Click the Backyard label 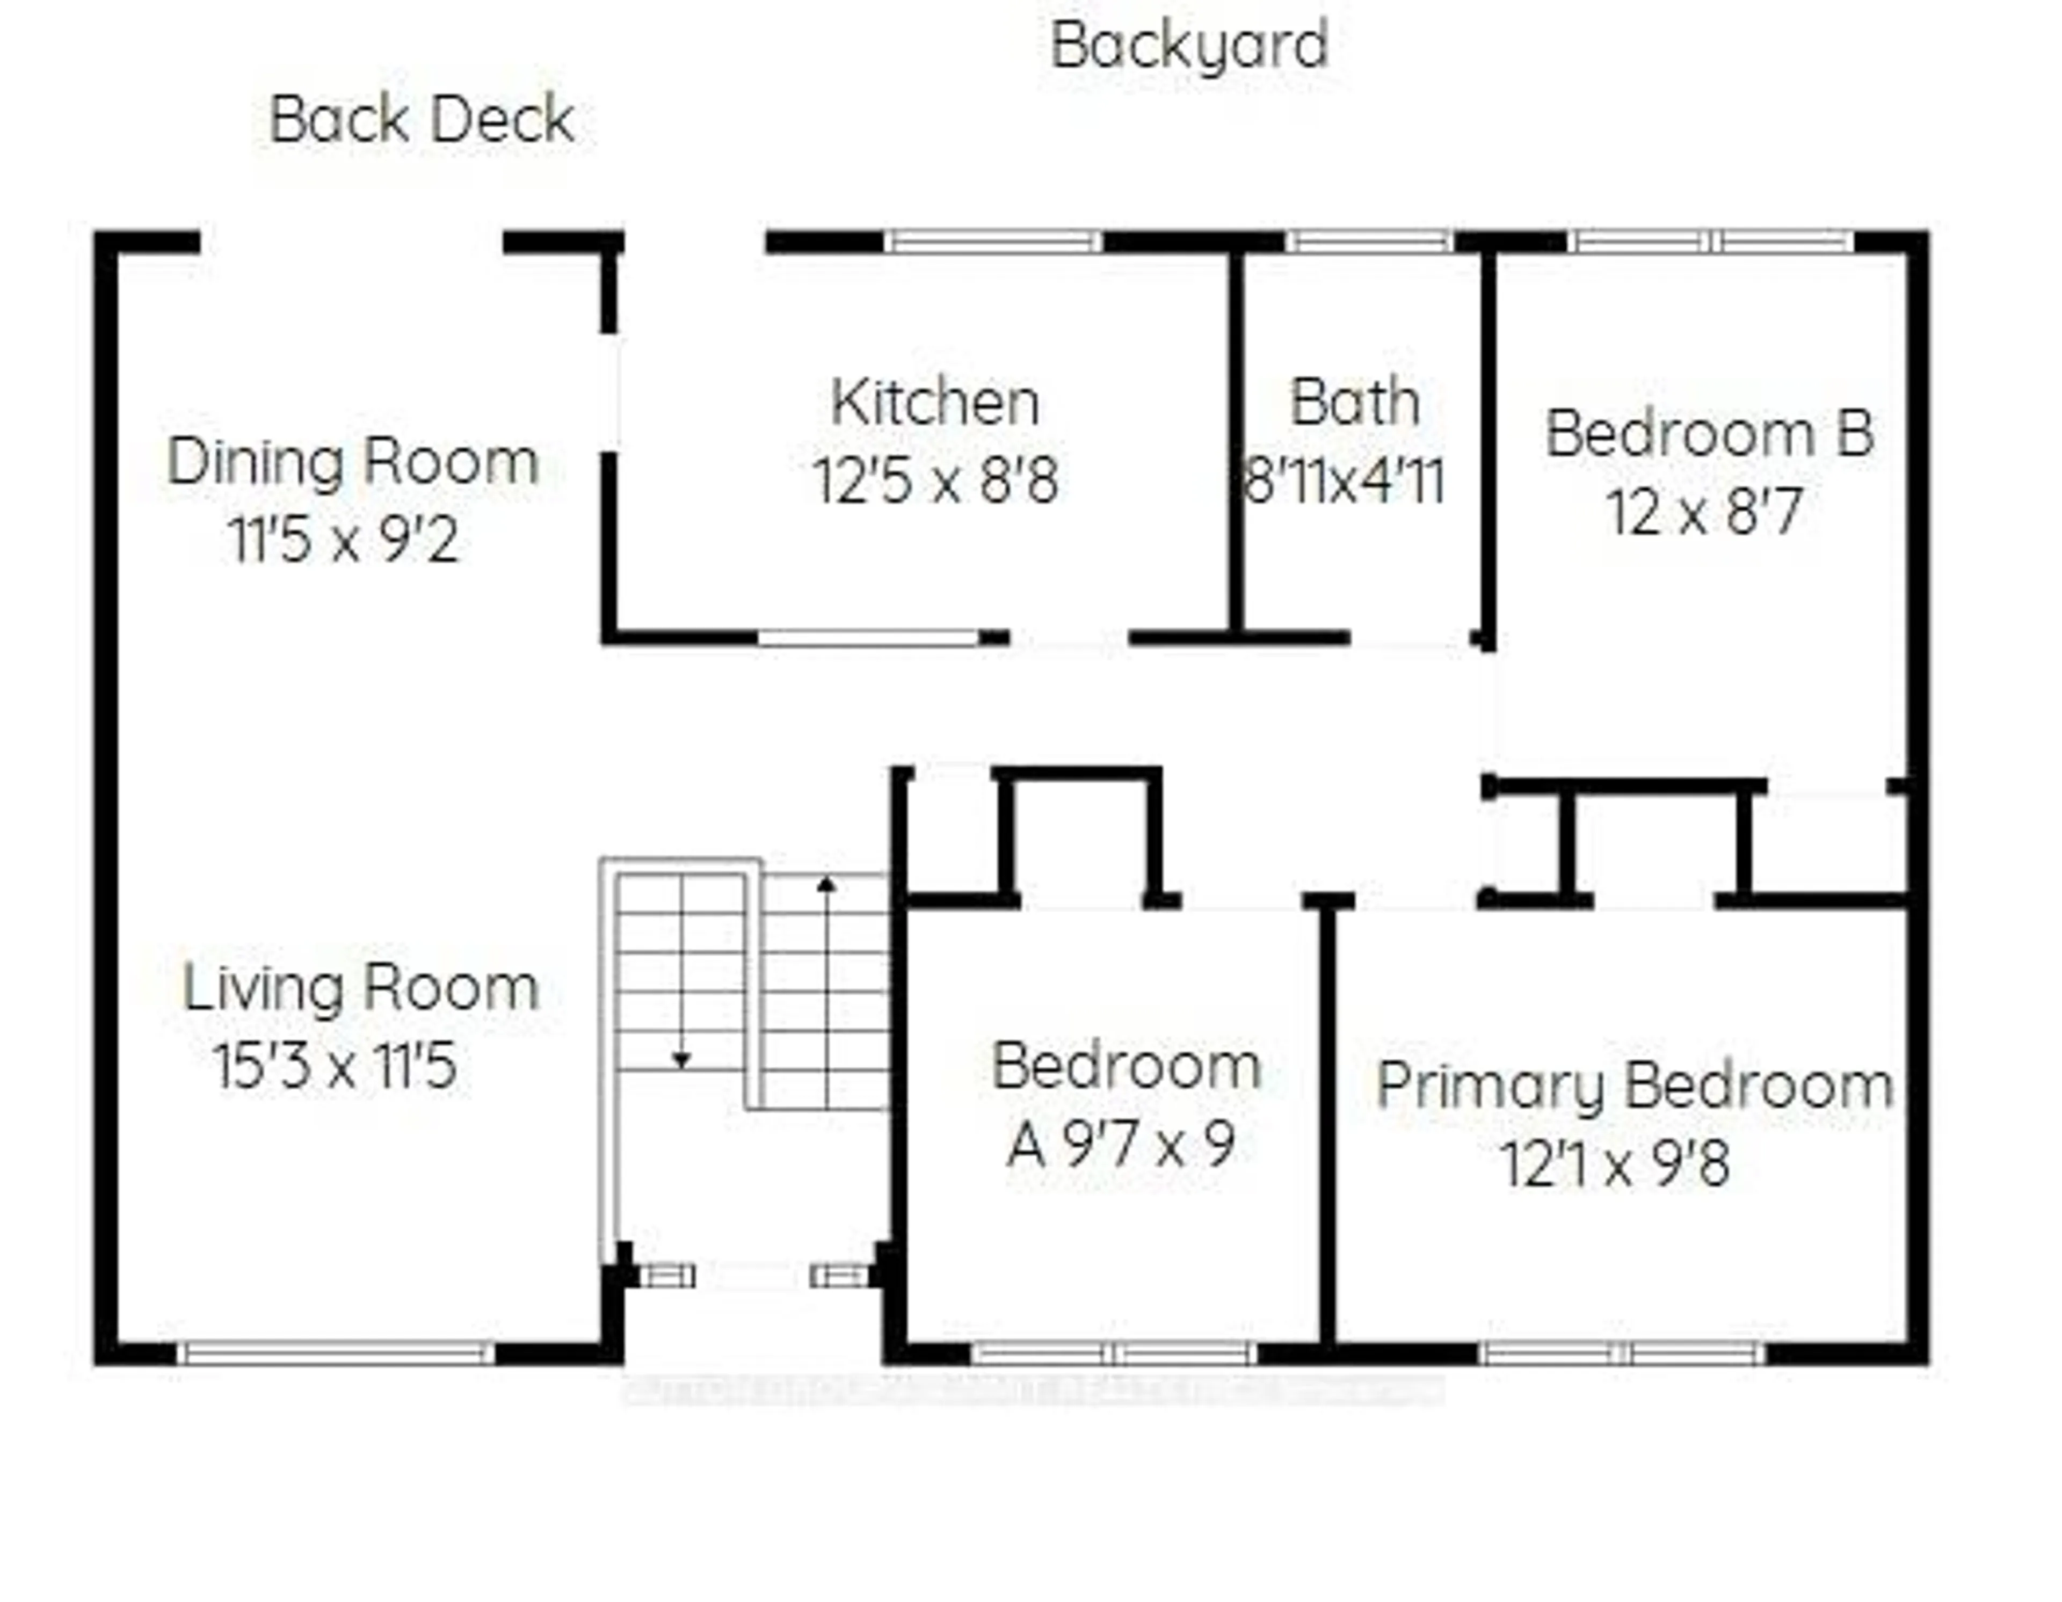[x=1189, y=45]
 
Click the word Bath [x=1354, y=403]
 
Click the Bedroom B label [x=1709, y=434]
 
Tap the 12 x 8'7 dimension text [x=1705, y=513]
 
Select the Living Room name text [x=361, y=988]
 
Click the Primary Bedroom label [x=1635, y=1086]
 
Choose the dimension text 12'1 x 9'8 [x=1615, y=1164]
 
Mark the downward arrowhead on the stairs [x=681, y=1060]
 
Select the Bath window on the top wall [x=1369, y=242]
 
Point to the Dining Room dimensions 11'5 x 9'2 [x=344, y=541]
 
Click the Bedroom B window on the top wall [x=1711, y=242]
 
